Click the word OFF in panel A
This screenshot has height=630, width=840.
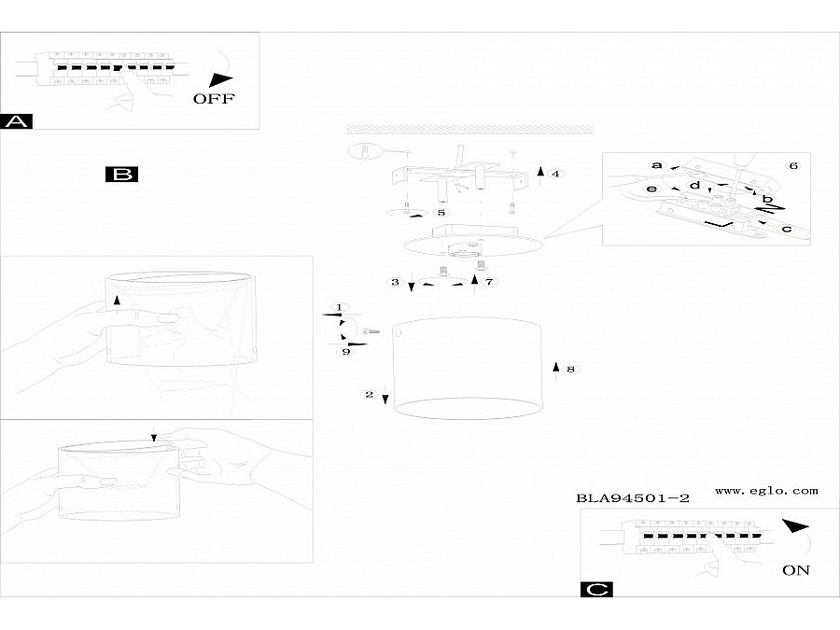tap(214, 98)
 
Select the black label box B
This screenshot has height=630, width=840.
tap(122, 174)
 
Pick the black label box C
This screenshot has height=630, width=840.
tap(595, 589)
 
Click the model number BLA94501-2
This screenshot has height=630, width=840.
tap(633, 498)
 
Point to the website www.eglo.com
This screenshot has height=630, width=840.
tap(766, 490)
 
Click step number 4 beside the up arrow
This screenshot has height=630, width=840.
tap(555, 174)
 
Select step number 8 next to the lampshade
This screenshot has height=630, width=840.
tap(570, 370)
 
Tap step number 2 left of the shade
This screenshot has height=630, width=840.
tap(370, 395)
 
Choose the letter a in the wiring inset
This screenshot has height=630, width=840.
tap(656, 165)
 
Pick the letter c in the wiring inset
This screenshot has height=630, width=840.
tap(786, 229)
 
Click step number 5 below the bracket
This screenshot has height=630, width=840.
tap(441, 213)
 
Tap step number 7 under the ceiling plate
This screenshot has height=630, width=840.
tap(488, 281)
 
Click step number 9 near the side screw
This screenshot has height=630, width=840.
tap(346, 352)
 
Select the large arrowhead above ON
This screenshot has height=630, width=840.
tap(795, 527)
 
